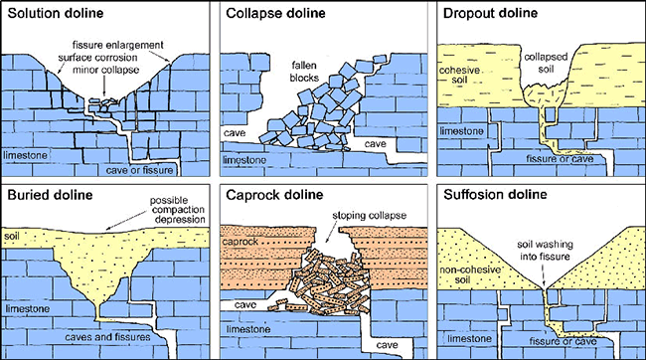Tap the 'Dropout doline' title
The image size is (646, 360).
tap(492, 15)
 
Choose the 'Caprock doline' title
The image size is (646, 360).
tap(274, 195)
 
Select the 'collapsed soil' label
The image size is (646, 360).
tap(547, 62)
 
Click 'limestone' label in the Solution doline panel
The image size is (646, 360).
tap(26, 155)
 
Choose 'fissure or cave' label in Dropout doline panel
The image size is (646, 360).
tap(551, 158)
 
